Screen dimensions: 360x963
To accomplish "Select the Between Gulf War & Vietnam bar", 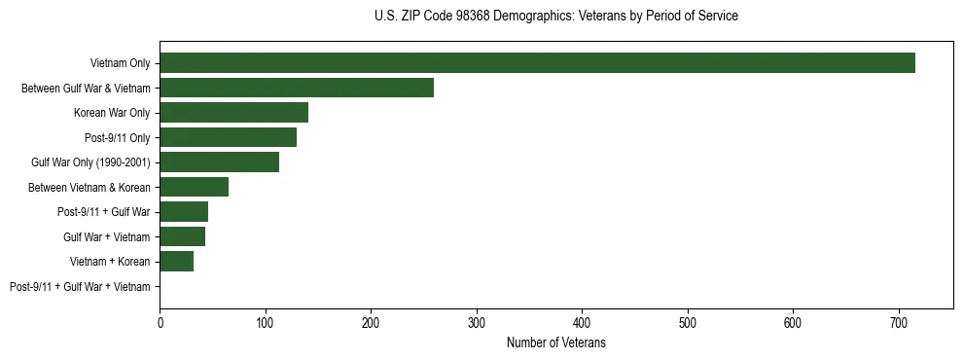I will click(x=297, y=88).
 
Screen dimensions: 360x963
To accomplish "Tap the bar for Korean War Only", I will click(x=233, y=113).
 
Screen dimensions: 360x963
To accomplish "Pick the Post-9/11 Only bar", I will click(x=228, y=137).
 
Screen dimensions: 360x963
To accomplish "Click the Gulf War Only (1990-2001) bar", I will click(x=219, y=162).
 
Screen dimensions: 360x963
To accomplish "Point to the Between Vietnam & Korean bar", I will click(x=194, y=187).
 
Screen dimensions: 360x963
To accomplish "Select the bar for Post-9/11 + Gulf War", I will click(x=184, y=212).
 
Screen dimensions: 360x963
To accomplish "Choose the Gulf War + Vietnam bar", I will click(x=182, y=236).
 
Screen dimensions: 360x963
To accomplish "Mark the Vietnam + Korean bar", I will click(x=176, y=262).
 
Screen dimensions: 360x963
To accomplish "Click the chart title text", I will click(x=555, y=17).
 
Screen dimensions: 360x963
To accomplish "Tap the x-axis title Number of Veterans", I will click(x=555, y=343).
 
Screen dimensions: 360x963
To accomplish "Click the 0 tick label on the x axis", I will click(x=160, y=323).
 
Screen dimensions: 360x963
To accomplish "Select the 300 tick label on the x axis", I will click(x=477, y=323).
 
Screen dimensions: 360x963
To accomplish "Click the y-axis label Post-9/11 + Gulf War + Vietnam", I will click(x=80, y=287).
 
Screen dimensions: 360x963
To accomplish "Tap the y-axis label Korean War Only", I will click(x=112, y=113).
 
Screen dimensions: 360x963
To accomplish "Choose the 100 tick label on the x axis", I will click(x=266, y=323).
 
